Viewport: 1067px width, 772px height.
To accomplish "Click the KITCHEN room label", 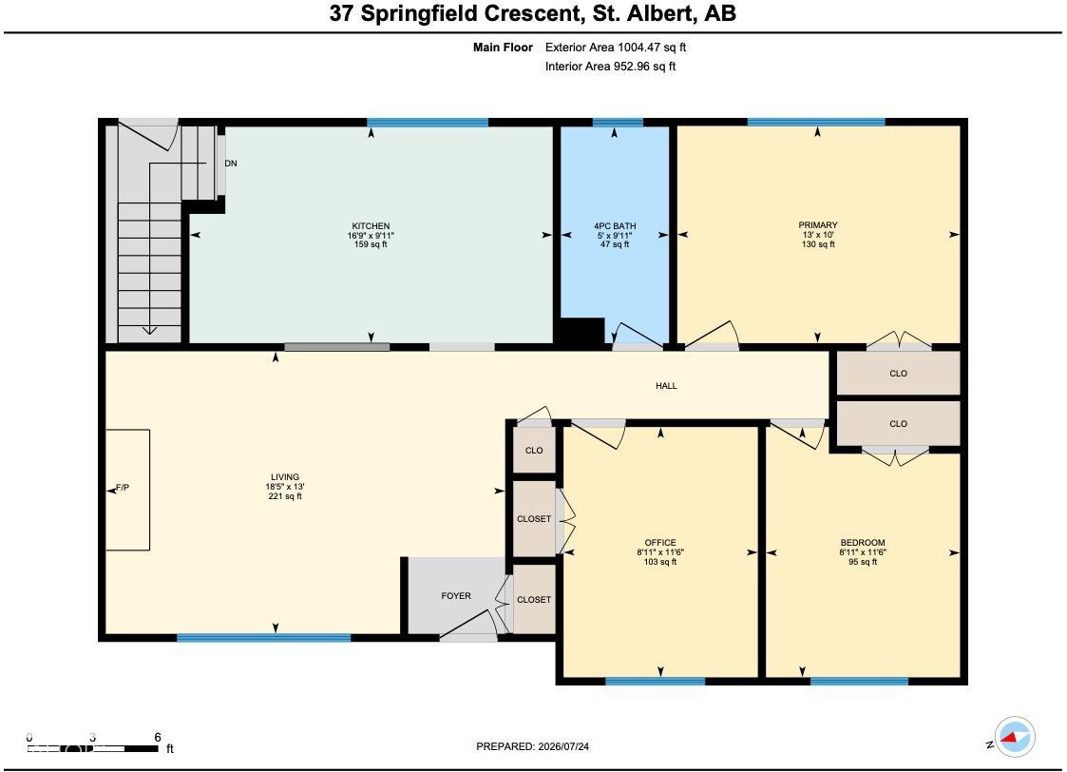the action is (371, 226).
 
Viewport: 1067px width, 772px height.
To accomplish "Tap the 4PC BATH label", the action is (615, 226).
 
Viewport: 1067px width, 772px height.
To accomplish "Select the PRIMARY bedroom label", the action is (818, 225).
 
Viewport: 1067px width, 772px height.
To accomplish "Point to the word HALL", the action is (666, 386).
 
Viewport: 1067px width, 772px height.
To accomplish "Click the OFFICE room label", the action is (660, 543).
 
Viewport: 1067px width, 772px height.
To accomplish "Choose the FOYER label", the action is (456, 596).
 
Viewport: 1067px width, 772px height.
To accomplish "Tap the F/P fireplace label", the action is (123, 488).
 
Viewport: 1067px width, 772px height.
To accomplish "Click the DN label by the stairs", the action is (231, 164).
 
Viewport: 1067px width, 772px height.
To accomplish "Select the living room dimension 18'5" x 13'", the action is (284, 487).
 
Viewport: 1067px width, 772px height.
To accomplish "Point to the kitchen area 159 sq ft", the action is (371, 244).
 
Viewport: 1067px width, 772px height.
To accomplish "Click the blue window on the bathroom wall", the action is (618, 123).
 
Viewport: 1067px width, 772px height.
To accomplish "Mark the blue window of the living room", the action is (264, 638).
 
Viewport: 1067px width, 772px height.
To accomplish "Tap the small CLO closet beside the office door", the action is (534, 450).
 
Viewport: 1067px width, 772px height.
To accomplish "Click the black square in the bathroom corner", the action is (580, 332).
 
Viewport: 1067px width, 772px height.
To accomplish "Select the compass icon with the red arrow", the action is (1015, 737).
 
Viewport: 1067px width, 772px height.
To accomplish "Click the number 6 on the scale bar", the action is (158, 737).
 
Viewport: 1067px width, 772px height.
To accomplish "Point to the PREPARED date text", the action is (533, 747).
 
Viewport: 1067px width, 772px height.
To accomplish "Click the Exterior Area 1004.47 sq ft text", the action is (616, 48).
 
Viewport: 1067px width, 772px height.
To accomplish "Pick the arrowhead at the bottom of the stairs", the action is (149, 331).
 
